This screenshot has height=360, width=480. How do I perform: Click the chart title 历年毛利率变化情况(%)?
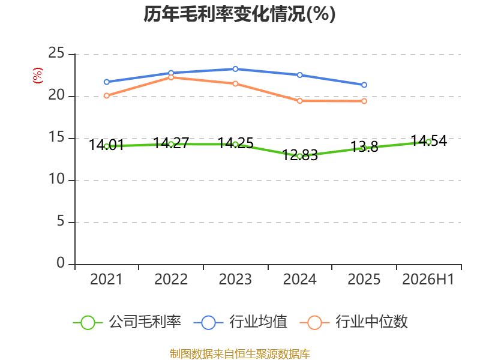(239, 14)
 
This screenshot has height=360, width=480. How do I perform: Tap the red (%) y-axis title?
(38, 76)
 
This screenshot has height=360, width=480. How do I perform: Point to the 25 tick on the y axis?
(56, 53)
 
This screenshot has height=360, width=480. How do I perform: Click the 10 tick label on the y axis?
(56, 179)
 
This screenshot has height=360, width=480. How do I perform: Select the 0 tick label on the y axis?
(61, 263)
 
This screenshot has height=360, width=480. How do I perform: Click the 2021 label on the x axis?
(106, 280)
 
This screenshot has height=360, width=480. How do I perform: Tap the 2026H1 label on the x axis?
(428, 280)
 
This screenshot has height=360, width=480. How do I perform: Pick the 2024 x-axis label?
(299, 280)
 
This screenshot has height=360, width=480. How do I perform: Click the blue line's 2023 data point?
(235, 69)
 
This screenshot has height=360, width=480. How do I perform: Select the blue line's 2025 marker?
(364, 85)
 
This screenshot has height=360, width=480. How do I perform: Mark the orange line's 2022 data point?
(171, 77)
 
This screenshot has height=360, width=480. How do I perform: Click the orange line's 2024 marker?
(299, 101)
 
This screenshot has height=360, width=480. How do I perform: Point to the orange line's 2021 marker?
(107, 96)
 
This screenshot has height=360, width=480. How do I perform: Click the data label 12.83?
(300, 155)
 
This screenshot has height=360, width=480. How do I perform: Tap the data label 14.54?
(429, 141)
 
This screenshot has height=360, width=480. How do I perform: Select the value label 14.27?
(171, 143)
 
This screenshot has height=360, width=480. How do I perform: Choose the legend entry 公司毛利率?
(127, 322)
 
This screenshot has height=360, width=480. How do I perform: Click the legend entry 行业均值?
(241, 322)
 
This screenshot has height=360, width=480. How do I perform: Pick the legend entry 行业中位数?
(353, 322)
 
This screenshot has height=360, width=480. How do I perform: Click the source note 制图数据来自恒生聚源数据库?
(240, 354)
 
